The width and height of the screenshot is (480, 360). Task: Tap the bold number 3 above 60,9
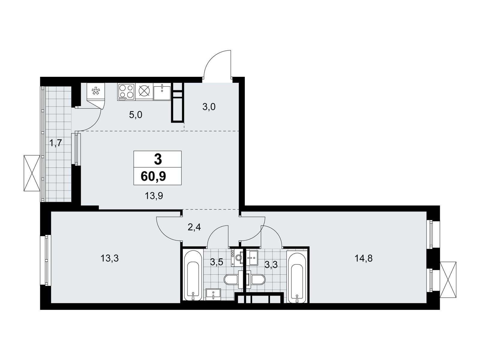[x=158, y=159]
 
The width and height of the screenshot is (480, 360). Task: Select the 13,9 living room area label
[x=154, y=196]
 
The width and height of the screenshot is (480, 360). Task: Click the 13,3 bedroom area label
[x=109, y=258]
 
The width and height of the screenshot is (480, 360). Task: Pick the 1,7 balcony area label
[x=56, y=143]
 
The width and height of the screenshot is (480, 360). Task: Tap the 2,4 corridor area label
[x=194, y=227]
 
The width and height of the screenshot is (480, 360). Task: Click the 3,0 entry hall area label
[x=209, y=107]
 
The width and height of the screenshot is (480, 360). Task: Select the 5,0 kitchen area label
[x=136, y=115]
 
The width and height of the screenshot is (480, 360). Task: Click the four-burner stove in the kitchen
[x=126, y=92]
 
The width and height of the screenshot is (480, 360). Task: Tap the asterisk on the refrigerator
[x=96, y=91]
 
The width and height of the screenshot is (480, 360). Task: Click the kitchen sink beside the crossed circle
[x=162, y=92]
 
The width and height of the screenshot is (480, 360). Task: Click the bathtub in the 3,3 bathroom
[x=297, y=278]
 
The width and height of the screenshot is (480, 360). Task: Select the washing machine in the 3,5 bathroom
[x=237, y=258]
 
